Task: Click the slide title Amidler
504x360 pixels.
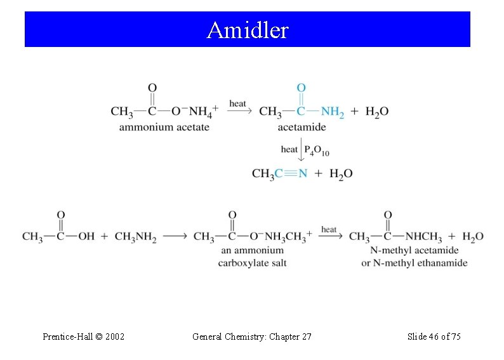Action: point(248,30)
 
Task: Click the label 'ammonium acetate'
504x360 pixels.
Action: point(164,127)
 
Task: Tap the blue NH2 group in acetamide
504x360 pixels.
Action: point(333,112)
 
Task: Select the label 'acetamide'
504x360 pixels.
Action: point(302,127)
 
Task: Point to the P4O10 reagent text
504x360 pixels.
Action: point(317,150)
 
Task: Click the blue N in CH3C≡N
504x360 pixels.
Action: point(303,173)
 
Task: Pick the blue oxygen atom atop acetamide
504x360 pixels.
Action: point(301,88)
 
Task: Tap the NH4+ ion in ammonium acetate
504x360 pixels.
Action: point(203,111)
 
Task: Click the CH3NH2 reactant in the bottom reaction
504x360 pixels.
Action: point(135,237)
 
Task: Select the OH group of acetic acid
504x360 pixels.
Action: point(86,237)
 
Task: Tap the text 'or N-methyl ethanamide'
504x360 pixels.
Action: point(414,262)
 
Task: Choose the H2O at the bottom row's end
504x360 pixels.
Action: point(472,237)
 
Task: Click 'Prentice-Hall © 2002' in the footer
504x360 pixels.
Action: point(83,337)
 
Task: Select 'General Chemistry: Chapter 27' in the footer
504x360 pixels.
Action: point(251,337)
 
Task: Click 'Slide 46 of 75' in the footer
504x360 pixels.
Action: point(434,337)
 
